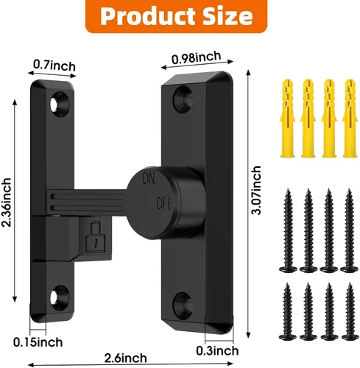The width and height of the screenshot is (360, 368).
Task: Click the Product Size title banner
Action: [x=176, y=16]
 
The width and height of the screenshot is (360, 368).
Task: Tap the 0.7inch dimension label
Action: [x=54, y=66]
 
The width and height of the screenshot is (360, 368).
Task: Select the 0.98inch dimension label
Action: [x=196, y=58]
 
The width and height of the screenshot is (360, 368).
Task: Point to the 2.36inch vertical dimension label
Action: [x=6, y=202]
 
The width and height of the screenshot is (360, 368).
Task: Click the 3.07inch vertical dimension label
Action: [x=256, y=191]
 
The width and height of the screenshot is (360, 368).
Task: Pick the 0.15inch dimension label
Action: [x=38, y=342]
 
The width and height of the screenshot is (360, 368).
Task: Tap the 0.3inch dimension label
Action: [x=217, y=350]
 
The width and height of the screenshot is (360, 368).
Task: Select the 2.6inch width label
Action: [x=126, y=358]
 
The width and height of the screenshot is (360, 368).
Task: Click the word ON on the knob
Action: [x=149, y=178]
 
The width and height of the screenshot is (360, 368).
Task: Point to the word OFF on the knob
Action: [x=164, y=203]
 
